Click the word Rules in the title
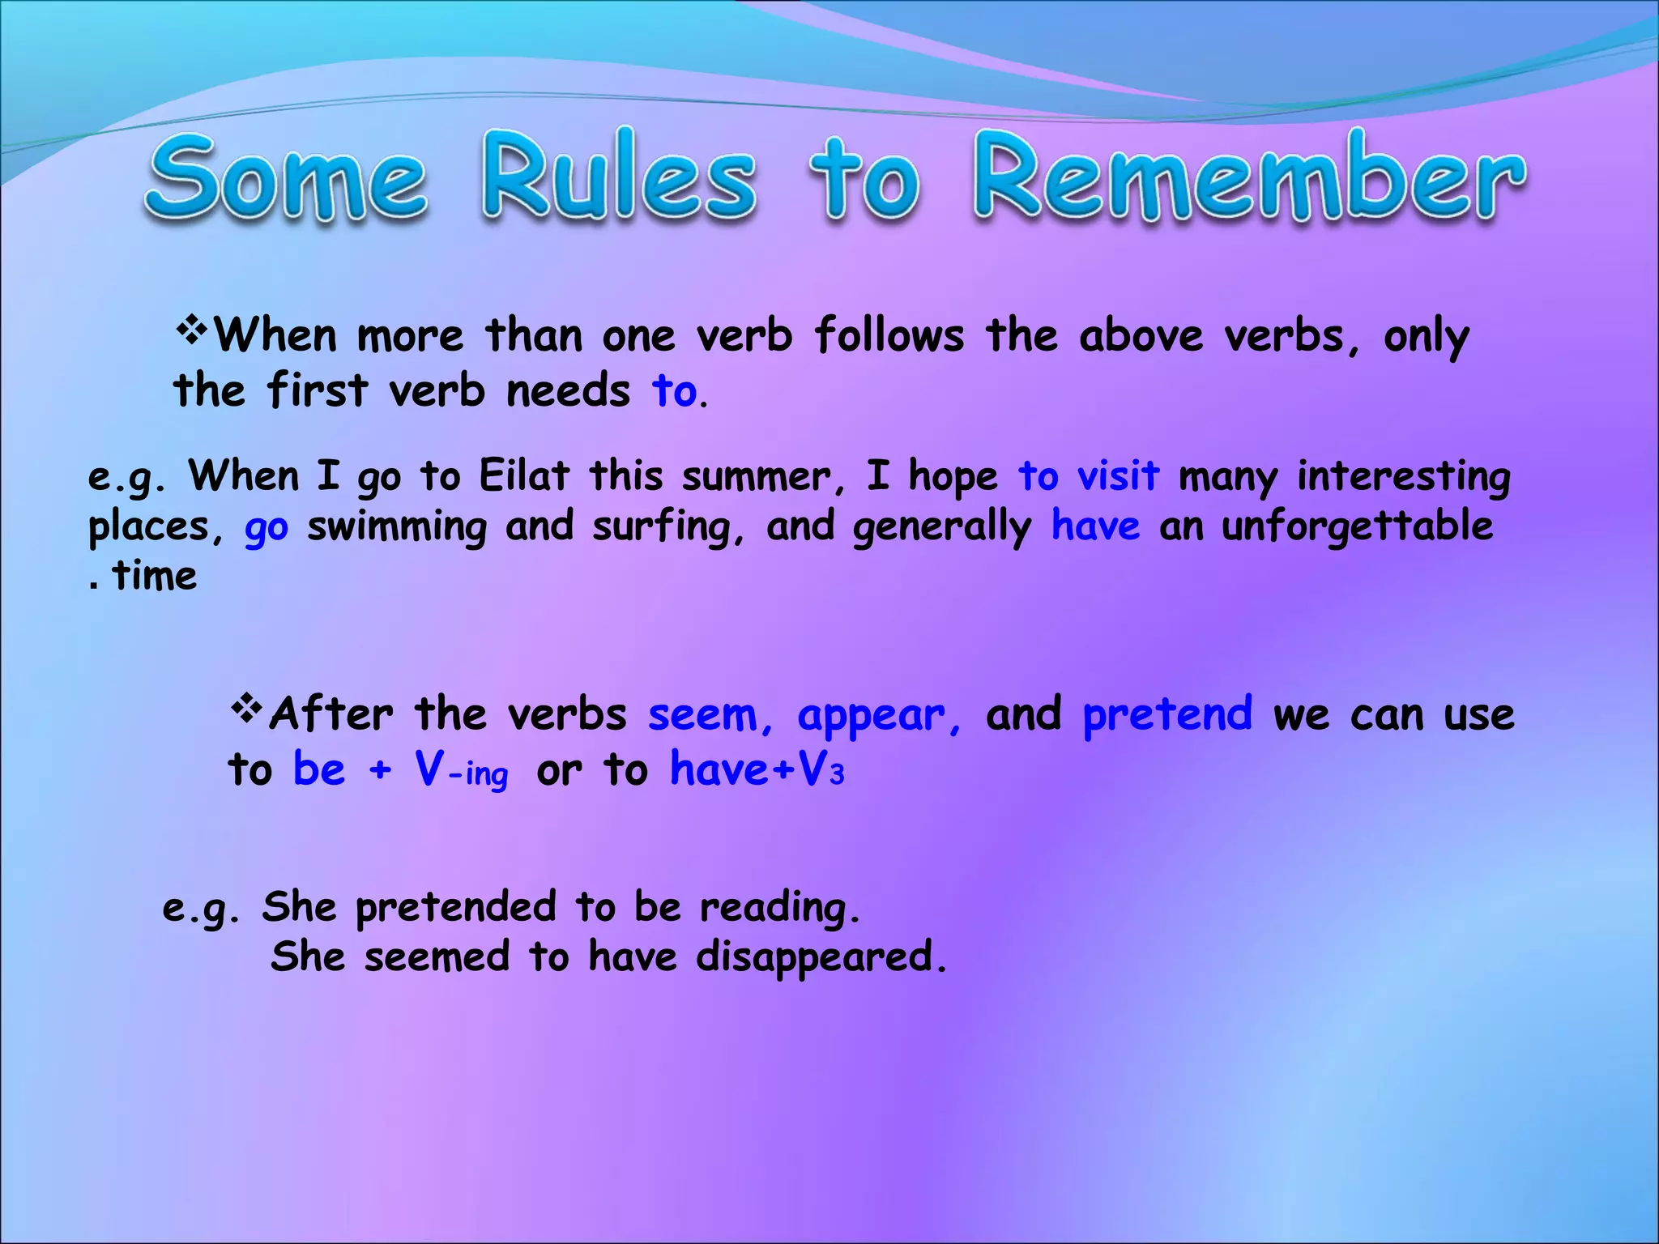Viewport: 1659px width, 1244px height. (x=620, y=177)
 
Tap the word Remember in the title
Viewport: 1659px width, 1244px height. (x=1249, y=177)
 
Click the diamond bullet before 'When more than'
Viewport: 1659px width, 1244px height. (x=192, y=330)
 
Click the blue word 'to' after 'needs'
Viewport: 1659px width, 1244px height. (x=674, y=392)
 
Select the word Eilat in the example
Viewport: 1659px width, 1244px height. (x=524, y=475)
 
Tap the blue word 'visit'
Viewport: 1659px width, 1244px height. (x=1118, y=475)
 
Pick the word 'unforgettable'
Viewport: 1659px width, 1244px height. (x=1357, y=526)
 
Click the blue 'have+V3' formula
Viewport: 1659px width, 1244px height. (x=757, y=769)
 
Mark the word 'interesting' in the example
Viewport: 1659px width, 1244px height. (x=1404, y=477)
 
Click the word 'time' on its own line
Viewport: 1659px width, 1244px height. (x=155, y=577)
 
